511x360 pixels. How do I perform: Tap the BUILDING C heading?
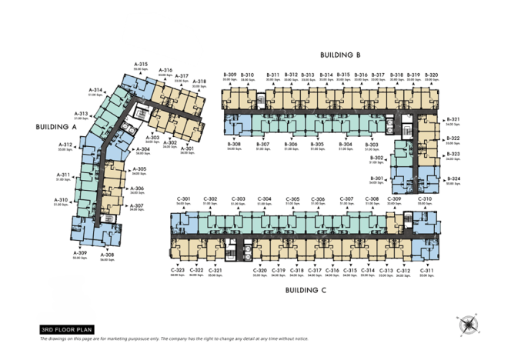pos(306,290)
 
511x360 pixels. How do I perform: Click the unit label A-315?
pos(140,64)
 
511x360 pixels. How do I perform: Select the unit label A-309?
pos(80,253)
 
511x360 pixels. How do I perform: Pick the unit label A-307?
pos(137,205)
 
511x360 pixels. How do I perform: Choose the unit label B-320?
pos(432,75)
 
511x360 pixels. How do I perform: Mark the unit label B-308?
pos(234,144)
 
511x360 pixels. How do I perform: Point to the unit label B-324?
pos(453,179)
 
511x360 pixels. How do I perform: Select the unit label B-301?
pos(376,178)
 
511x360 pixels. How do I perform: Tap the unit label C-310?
pos(425,199)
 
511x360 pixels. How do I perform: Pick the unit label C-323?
pos(177,270)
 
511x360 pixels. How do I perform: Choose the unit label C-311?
pos(427,270)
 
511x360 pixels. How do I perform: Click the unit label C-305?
pos(292,199)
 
